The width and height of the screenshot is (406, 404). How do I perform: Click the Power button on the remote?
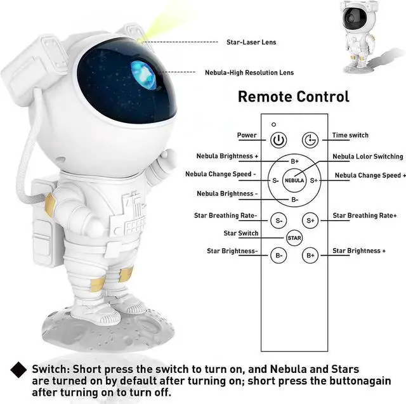[x=278, y=140]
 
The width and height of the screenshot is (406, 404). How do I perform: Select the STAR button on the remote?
[x=294, y=238]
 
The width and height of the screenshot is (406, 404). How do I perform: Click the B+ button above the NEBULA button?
[x=294, y=162]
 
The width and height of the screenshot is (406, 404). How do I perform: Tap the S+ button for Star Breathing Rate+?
[x=310, y=220]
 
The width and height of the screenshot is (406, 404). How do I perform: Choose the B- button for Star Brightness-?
[x=278, y=256]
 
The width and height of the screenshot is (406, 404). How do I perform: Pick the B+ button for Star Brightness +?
[x=310, y=256]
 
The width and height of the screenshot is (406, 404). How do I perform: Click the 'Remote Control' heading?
[x=293, y=96]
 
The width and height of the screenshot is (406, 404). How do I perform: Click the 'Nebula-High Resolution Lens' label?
[x=249, y=73]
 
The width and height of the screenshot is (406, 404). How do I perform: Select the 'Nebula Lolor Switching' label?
[x=368, y=157]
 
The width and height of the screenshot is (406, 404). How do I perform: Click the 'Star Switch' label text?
[x=240, y=233]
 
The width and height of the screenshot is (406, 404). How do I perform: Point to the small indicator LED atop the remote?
[x=273, y=124]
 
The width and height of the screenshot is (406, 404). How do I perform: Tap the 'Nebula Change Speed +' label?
[x=370, y=176]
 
